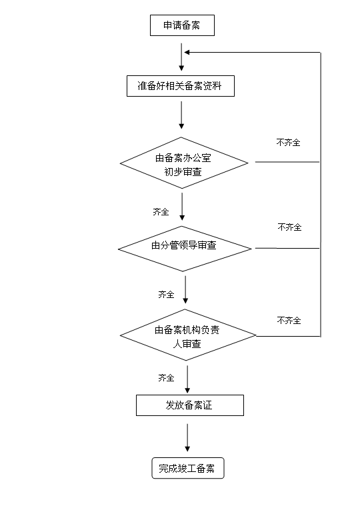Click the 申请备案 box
(x=182, y=25)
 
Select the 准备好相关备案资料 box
(x=181, y=86)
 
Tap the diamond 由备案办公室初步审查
(x=184, y=163)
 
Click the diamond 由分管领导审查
(x=185, y=249)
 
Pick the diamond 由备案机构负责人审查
(x=188, y=335)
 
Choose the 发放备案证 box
(x=190, y=405)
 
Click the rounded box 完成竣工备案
(x=188, y=468)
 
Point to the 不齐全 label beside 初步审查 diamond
(x=289, y=143)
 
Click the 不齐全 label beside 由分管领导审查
(x=290, y=227)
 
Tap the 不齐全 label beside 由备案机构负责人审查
(x=289, y=321)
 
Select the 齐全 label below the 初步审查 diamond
(x=161, y=211)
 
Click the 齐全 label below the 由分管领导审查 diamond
(x=166, y=294)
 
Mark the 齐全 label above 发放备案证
(x=166, y=378)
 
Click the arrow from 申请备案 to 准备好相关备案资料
(x=181, y=57)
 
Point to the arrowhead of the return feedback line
(x=186, y=53)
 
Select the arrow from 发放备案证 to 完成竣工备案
(x=187, y=437)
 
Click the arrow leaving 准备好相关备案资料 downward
(x=181, y=115)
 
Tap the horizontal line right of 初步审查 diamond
(x=287, y=162)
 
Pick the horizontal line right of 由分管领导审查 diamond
(x=287, y=248)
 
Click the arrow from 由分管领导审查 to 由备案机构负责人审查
(x=185, y=290)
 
